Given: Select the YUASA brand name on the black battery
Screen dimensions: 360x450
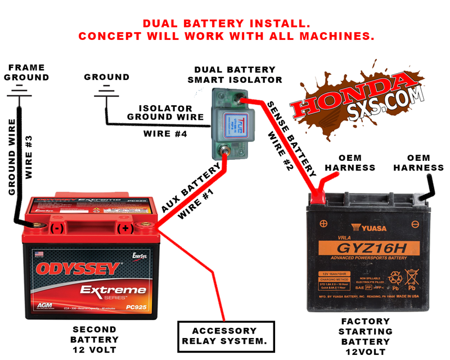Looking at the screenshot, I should tap(368, 228).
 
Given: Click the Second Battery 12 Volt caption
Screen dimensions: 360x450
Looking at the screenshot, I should tap(94, 339).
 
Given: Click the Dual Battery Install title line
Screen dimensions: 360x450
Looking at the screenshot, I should tap(226, 24).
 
